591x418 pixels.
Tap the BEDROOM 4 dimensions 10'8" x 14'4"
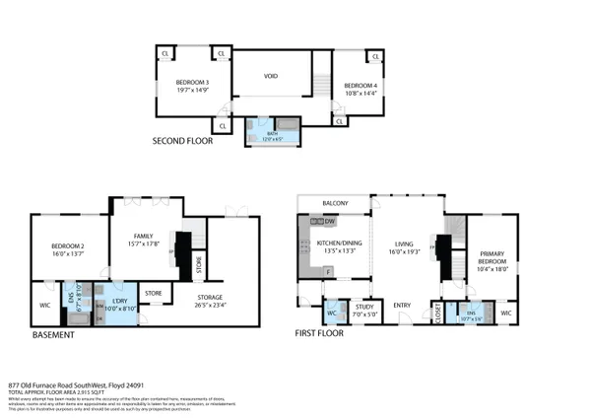click(x=360, y=95)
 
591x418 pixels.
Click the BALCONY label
click(x=337, y=204)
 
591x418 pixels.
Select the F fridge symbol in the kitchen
click(x=333, y=269)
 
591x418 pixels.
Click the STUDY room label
click(x=364, y=306)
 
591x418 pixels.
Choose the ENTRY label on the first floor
click(x=402, y=305)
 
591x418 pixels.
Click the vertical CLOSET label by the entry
click(x=437, y=313)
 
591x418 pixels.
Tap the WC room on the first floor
click(x=333, y=314)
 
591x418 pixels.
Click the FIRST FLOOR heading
click(x=319, y=334)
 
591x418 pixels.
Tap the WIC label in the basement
click(x=44, y=304)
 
